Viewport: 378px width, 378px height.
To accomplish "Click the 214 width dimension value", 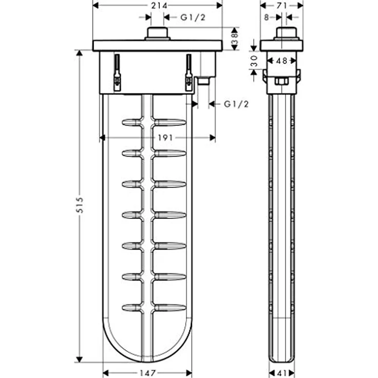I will tap(157, 5).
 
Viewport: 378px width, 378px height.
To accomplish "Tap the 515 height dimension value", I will tap(79, 205).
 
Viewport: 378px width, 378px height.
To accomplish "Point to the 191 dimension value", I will tap(165, 138).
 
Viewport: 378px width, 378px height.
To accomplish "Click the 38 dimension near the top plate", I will tap(235, 39).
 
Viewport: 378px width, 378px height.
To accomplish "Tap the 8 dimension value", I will tap(266, 17).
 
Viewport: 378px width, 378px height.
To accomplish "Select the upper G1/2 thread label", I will tap(193, 17).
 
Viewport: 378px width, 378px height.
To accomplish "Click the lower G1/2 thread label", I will tap(236, 104).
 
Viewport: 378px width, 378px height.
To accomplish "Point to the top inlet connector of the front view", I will tap(158, 33).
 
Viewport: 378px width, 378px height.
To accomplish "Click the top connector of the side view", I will tap(287, 33).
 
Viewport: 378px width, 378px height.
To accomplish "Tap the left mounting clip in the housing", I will tap(117, 73).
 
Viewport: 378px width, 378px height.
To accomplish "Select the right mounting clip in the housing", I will tap(188, 73).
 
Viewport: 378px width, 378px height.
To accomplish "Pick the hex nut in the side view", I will tap(280, 81).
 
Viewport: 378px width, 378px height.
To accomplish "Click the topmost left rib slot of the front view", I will tap(131, 122).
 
